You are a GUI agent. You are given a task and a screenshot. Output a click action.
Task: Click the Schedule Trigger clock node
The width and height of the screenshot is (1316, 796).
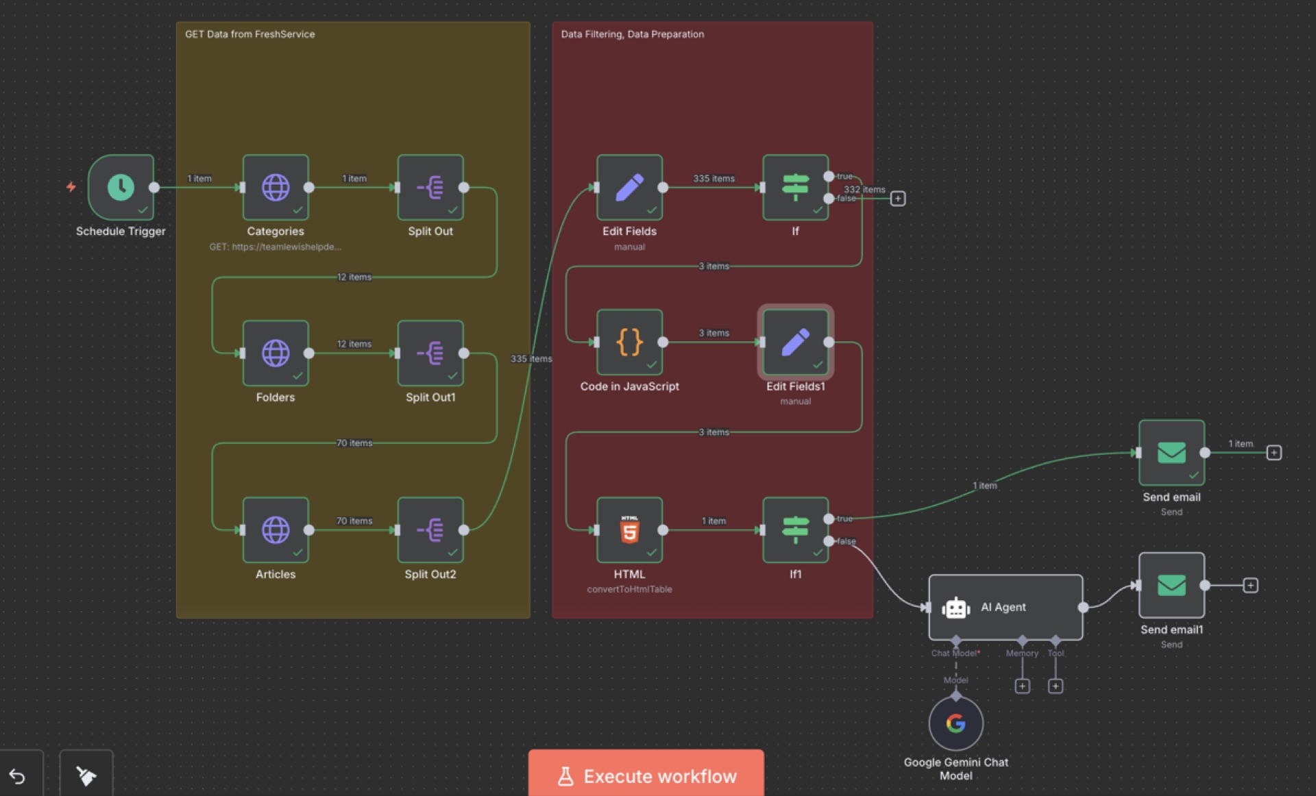pyautogui.click(x=121, y=187)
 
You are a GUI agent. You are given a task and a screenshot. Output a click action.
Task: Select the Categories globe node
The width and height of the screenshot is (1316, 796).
pyautogui.click(x=276, y=187)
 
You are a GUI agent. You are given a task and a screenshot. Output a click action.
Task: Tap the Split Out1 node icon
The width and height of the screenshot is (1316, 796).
pyautogui.click(x=430, y=353)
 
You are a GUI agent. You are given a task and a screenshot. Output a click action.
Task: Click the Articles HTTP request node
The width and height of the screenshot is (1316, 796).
pyautogui.click(x=276, y=530)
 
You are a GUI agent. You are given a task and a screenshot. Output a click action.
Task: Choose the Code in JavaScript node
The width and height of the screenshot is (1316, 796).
pyautogui.click(x=629, y=342)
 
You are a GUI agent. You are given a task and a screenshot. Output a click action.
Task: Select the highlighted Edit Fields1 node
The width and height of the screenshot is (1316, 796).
pyautogui.click(x=795, y=342)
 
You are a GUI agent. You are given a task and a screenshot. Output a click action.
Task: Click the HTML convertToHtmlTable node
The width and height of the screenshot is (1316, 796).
pyautogui.click(x=629, y=530)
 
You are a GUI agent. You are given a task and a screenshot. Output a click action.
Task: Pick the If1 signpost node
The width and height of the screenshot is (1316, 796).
pyautogui.click(x=795, y=530)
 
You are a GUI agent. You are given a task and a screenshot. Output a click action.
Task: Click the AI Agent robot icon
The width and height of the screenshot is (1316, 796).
pyautogui.click(x=955, y=608)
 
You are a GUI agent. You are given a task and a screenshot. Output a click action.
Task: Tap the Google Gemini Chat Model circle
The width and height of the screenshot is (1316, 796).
pyautogui.click(x=955, y=723)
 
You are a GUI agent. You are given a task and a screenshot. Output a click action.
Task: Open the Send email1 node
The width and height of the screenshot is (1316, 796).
pyautogui.click(x=1171, y=585)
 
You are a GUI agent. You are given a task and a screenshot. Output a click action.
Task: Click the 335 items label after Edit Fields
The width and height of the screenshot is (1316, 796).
pyautogui.click(x=714, y=178)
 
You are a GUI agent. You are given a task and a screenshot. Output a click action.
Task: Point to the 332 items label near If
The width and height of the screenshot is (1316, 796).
pyautogui.click(x=864, y=189)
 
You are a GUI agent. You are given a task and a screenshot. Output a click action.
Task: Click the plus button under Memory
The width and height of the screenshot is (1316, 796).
pyautogui.click(x=1022, y=686)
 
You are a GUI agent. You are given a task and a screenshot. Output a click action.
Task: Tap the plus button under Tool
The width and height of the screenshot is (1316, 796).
pyautogui.click(x=1056, y=686)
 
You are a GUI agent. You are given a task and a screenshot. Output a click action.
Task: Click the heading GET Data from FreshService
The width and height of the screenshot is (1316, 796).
pyautogui.click(x=250, y=34)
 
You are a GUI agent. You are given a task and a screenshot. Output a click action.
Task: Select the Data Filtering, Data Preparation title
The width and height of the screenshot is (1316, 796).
pyautogui.click(x=632, y=34)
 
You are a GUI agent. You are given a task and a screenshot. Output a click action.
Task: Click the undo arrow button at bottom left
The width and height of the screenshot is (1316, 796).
pyautogui.click(x=18, y=776)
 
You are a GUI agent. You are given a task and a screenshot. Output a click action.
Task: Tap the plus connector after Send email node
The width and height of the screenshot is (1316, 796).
pyautogui.click(x=1274, y=453)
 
